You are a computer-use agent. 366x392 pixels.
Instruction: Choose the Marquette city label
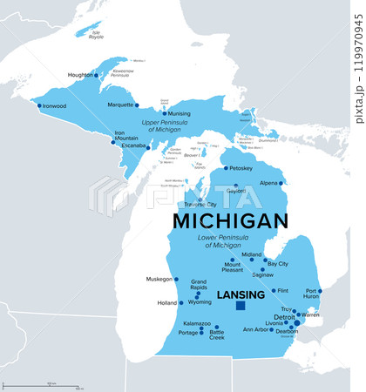119,105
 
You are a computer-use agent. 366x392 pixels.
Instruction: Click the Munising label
179,113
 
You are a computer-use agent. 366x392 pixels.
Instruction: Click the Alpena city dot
281,183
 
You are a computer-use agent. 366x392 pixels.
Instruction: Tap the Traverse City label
204,204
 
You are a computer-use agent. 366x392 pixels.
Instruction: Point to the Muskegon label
159,280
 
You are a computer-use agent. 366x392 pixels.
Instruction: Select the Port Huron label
311,295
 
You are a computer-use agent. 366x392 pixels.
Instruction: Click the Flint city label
283,290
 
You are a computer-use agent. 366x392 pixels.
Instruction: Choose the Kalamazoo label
196,323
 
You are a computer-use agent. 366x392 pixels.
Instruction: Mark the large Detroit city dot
296,322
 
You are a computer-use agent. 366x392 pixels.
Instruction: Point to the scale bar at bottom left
52,384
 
